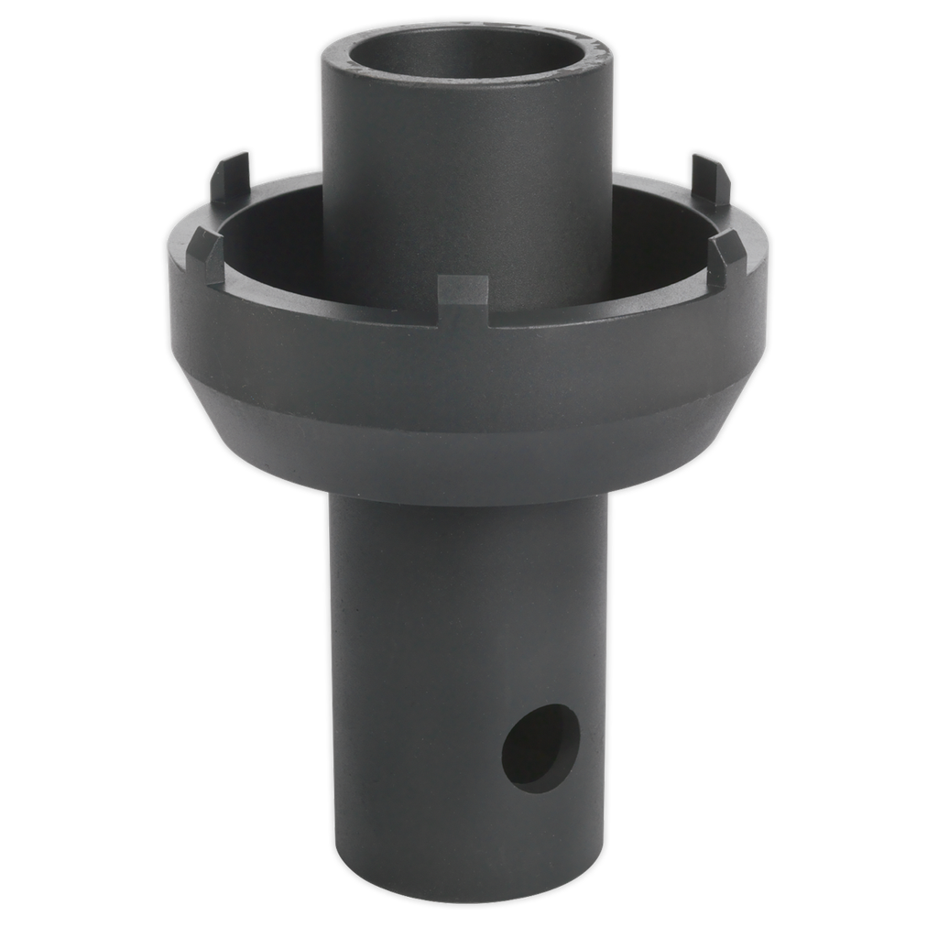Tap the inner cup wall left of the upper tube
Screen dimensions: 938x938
point(275,247)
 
